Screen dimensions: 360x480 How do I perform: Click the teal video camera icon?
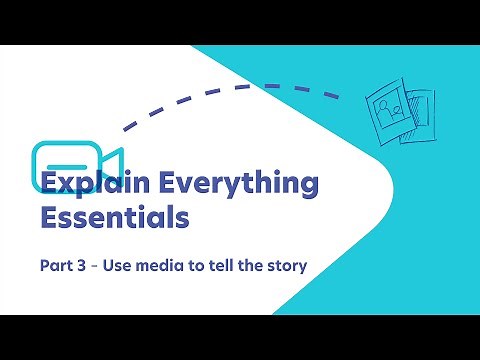coord(75,160)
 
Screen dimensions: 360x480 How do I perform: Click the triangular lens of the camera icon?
coord(112,161)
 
